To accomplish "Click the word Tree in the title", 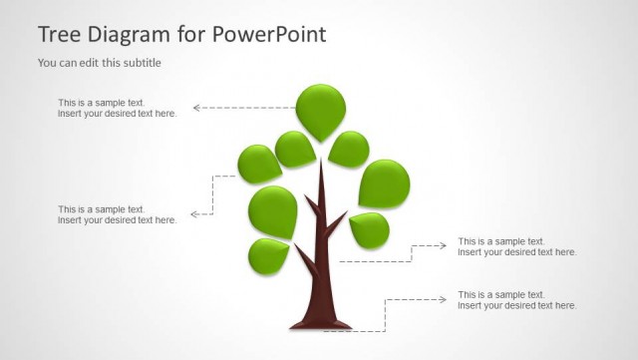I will click(x=59, y=35).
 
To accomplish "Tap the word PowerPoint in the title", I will click(x=268, y=35).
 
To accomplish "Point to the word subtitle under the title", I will click(x=141, y=63).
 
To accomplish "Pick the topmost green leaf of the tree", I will click(x=321, y=108).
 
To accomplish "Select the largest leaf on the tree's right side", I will click(x=384, y=183).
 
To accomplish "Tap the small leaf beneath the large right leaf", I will click(x=370, y=230).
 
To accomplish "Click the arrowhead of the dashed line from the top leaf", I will click(x=196, y=107).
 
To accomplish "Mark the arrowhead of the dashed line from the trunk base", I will click(x=444, y=298).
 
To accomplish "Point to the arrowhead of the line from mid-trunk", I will click(x=444, y=244).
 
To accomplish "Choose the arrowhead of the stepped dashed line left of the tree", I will click(x=194, y=213).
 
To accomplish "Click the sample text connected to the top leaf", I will click(x=117, y=108).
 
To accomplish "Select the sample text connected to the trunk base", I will click(x=516, y=300).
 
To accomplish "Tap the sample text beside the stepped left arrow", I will click(x=117, y=214).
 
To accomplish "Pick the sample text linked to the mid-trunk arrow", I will click(x=516, y=246).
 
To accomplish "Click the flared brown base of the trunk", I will click(x=320, y=322).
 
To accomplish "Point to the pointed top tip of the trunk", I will click(x=320, y=165).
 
